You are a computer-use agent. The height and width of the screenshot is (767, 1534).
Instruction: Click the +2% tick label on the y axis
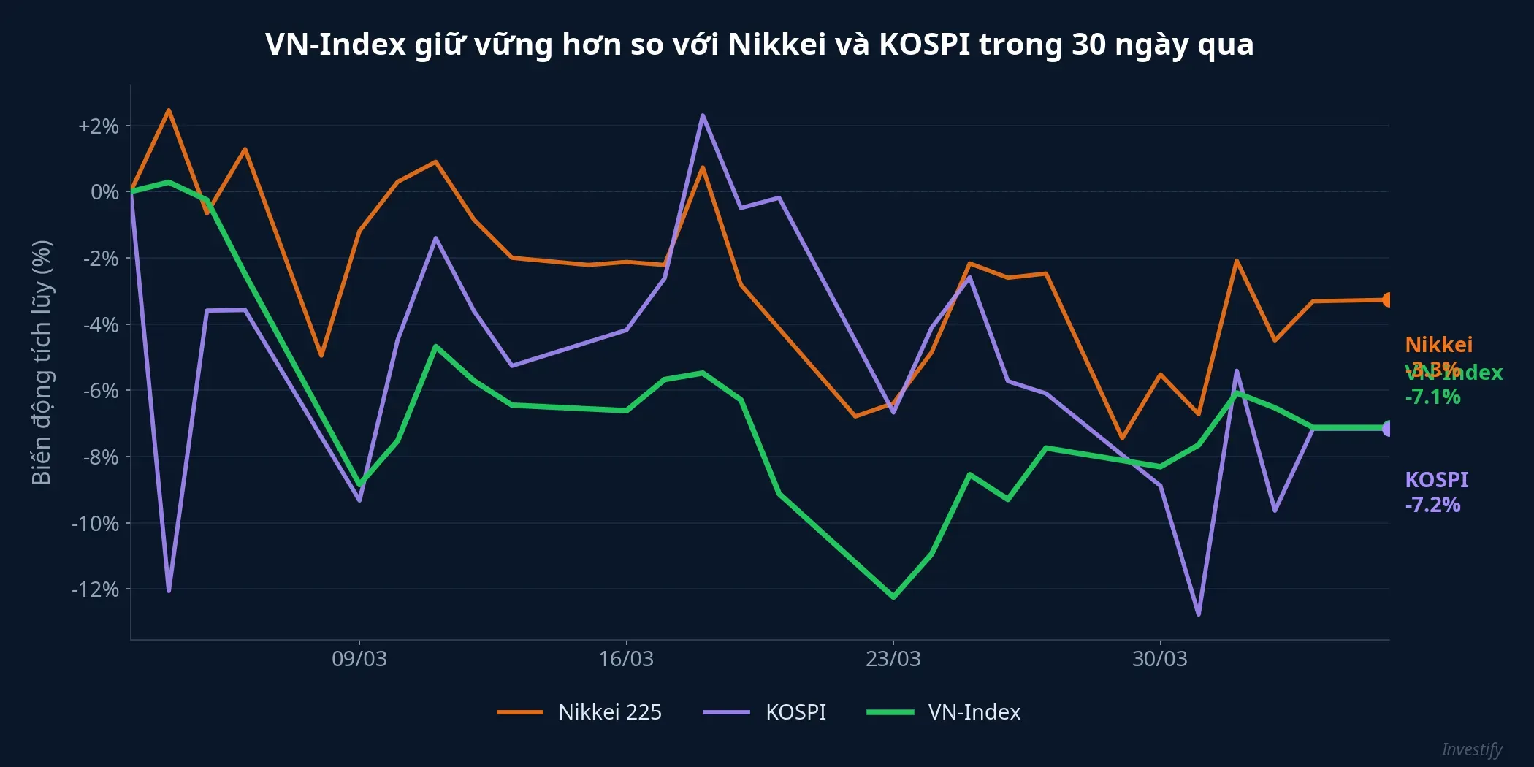99,126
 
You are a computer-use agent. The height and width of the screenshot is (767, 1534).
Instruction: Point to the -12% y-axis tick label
96,589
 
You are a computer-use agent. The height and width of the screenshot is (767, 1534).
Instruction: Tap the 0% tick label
104,192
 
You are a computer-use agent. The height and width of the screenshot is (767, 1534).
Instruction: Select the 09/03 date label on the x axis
359,659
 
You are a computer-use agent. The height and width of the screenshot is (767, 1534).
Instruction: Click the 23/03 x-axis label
893,659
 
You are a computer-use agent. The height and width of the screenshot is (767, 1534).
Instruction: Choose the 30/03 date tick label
1159,659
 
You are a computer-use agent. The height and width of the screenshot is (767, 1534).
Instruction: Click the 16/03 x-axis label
626,659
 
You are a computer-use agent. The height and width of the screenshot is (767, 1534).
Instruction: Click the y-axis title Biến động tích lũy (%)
42,362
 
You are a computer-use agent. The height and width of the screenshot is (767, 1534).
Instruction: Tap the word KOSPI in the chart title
924,45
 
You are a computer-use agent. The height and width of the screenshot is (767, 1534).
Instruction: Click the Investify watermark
1471,749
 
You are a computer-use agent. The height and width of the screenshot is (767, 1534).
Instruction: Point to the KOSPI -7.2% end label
1435,492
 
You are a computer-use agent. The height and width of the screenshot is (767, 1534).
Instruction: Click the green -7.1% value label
1432,397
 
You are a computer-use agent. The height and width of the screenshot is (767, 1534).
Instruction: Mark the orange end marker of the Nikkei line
1387,300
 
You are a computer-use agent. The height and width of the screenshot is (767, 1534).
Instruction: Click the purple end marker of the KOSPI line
1387,429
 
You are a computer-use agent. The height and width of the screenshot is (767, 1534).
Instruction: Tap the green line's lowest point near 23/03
893,597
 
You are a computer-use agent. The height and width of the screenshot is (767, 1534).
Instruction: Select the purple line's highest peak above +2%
702,115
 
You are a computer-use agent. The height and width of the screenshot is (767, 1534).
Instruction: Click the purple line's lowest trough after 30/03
1199,614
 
